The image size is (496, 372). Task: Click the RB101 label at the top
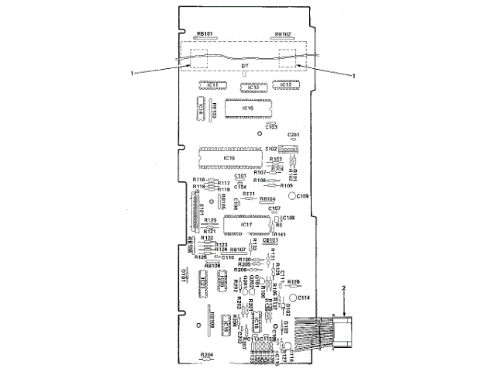click(x=205, y=34)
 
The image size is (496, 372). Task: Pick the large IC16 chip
click(x=229, y=157)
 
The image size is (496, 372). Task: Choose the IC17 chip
click(x=246, y=225)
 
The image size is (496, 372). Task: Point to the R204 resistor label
click(x=206, y=353)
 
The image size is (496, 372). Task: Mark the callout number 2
click(x=343, y=289)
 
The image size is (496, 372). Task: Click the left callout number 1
click(x=133, y=74)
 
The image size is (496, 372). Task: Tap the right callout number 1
click(x=354, y=75)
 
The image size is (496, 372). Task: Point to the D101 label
click(x=184, y=274)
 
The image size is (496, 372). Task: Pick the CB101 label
click(x=270, y=241)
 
